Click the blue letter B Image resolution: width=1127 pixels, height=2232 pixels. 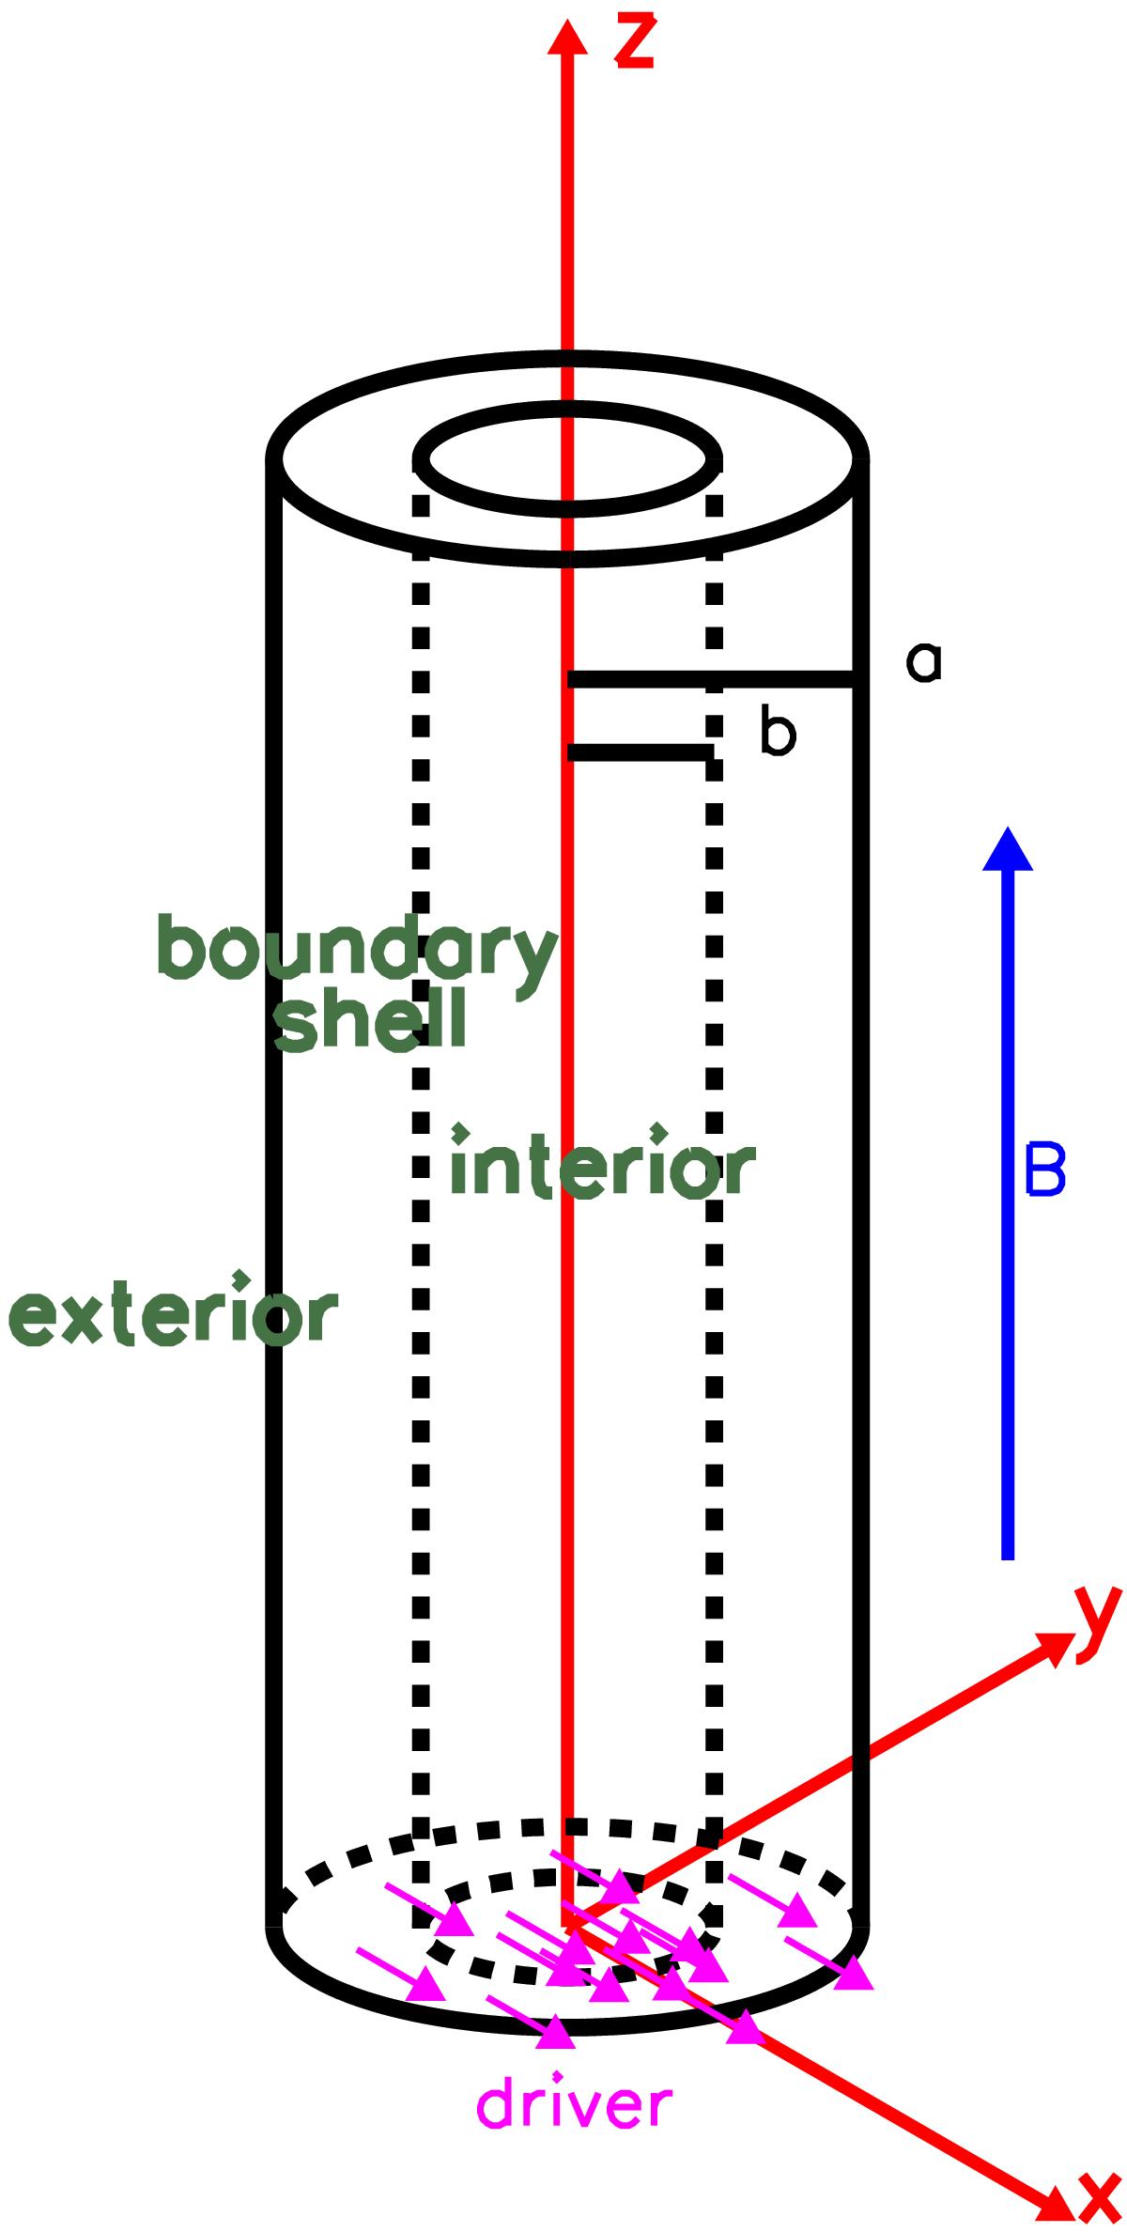(1045, 1170)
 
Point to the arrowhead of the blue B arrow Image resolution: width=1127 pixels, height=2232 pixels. (1008, 849)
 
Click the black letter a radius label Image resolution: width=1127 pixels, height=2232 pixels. (924, 663)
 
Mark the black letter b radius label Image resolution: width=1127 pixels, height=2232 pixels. (778, 734)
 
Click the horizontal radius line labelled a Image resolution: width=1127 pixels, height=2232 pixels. (711, 679)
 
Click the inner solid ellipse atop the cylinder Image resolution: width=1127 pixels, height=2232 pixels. (568, 459)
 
